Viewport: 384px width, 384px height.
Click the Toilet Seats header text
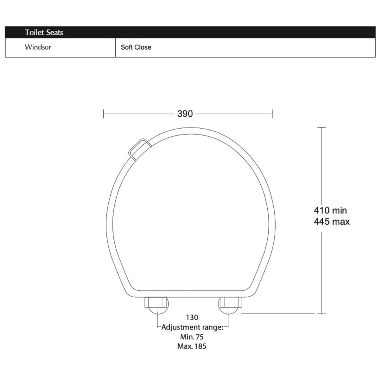pyautogui.click(x=44, y=33)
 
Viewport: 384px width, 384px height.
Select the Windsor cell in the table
pyautogui.click(x=38, y=47)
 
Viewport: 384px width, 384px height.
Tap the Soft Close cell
pyautogui.click(x=136, y=48)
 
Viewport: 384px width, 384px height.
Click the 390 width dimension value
pyautogui.click(x=185, y=114)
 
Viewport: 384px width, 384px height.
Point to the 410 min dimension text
pyautogui.click(x=330, y=210)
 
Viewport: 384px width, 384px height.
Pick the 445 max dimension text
pyautogui.click(x=332, y=222)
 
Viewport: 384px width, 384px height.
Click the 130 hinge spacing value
pyautogui.click(x=192, y=318)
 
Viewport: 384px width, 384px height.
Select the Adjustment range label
pyautogui.click(x=192, y=328)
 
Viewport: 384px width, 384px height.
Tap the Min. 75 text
pyautogui.click(x=192, y=337)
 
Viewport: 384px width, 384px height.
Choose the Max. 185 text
pyautogui.click(x=192, y=346)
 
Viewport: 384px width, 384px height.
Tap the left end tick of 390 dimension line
pyautogui.click(x=104, y=114)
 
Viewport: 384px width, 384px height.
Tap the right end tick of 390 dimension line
pyautogui.click(x=273, y=114)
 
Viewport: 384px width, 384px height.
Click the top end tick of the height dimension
pyautogui.click(x=321, y=127)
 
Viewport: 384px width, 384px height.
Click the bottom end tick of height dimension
pyautogui.click(x=321, y=313)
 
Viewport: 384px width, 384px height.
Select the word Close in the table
pyautogui.click(x=144, y=48)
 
